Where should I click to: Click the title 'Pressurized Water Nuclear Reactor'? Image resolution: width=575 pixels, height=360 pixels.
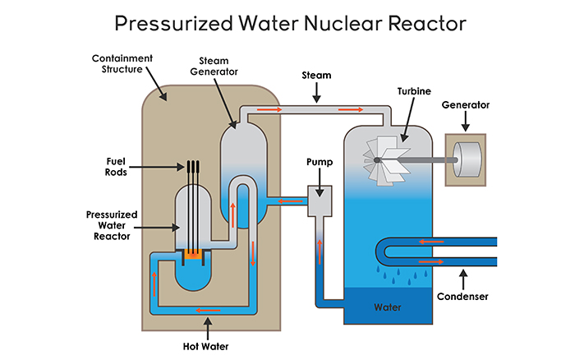click(x=287, y=22)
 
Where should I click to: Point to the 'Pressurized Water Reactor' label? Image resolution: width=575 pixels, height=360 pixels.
click(x=111, y=226)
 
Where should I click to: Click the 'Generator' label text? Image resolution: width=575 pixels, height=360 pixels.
click(x=466, y=105)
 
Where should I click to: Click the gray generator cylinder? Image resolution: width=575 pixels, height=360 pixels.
click(x=466, y=159)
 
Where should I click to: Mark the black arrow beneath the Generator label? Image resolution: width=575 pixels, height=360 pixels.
click(x=466, y=122)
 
